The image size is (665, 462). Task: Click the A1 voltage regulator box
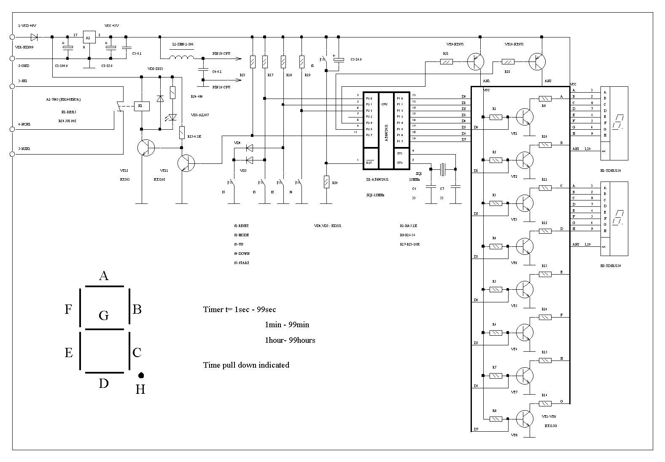[89, 37]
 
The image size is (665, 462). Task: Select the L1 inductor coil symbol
[182, 58]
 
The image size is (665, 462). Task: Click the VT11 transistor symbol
[186, 163]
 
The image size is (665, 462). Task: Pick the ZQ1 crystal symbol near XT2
[442, 169]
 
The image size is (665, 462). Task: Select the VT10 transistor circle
[537, 61]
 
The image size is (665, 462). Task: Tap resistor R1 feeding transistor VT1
[495, 117]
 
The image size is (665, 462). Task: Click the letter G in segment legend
[104, 315]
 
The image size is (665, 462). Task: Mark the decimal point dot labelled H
[141, 375]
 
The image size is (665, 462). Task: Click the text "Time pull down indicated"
[246, 365]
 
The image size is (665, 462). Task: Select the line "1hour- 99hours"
[290, 340]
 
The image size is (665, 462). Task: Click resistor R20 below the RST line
[326, 182]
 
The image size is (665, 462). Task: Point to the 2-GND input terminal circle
[12, 58]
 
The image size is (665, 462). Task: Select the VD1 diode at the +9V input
[35, 37]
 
